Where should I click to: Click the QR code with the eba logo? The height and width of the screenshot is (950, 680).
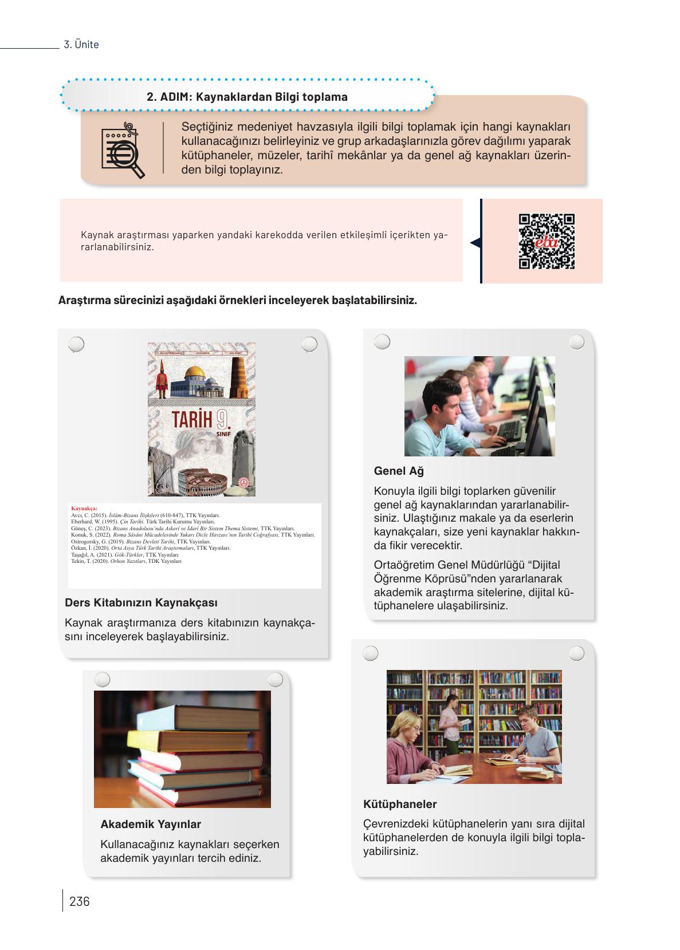pyautogui.click(x=546, y=241)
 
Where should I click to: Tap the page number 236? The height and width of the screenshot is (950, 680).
pyautogui.click(x=79, y=901)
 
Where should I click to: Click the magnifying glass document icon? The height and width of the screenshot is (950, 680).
pyautogui.click(x=122, y=150)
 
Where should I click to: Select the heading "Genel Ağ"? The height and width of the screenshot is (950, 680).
pyautogui.click(x=399, y=471)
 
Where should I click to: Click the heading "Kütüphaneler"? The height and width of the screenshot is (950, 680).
pyautogui.click(x=400, y=804)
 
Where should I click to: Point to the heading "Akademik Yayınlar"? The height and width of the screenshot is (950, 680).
pyautogui.click(x=151, y=824)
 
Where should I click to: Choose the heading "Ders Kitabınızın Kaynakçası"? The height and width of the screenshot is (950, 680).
pyautogui.click(x=141, y=602)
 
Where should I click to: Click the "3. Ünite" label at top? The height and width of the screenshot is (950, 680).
pyautogui.click(x=81, y=45)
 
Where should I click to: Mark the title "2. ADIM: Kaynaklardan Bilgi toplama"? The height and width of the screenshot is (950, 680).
pyautogui.click(x=247, y=97)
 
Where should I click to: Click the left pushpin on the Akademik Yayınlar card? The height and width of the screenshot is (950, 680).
pyautogui.click(x=102, y=680)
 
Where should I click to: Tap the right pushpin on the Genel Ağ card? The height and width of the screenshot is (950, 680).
pyautogui.click(x=577, y=342)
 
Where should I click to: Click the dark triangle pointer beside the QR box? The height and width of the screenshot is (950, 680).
pyautogui.click(x=475, y=243)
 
